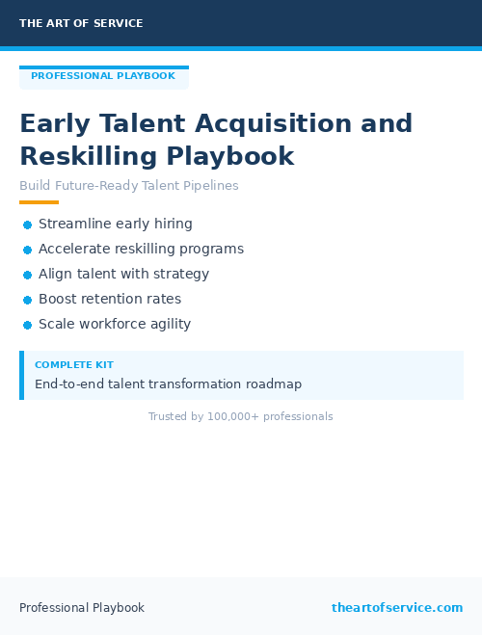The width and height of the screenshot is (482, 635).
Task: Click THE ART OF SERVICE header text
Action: (x=81, y=23)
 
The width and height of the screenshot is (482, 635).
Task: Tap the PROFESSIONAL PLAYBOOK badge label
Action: (x=103, y=76)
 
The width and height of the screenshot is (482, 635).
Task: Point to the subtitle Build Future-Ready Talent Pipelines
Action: (x=129, y=186)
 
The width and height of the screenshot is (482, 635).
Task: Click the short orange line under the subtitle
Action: (x=39, y=202)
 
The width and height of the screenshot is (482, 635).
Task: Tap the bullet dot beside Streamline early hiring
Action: (x=27, y=225)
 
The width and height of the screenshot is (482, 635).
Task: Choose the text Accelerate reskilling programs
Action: (x=141, y=249)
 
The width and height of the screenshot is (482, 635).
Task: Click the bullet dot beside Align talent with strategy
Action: (x=27, y=275)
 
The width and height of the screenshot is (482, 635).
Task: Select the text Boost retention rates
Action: (x=110, y=299)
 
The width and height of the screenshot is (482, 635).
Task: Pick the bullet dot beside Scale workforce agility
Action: (x=27, y=325)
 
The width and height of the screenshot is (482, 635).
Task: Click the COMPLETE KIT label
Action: (x=74, y=365)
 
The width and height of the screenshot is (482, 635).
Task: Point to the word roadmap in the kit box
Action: (x=274, y=384)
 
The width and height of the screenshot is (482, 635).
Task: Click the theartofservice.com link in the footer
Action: (x=397, y=607)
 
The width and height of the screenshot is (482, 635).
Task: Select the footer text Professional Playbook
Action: (x=82, y=607)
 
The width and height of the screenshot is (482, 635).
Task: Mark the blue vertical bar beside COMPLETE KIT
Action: (x=21, y=375)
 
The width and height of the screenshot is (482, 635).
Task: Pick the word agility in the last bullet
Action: (x=169, y=324)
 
